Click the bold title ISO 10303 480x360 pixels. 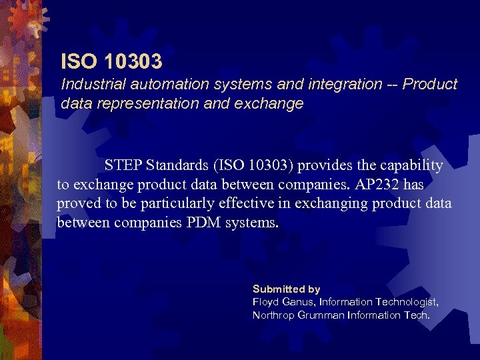pyautogui.click(x=111, y=62)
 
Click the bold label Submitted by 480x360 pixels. pyautogui.click(x=286, y=289)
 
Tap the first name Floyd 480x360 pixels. pyautogui.click(x=266, y=302)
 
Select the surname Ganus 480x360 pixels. pyautogui.click(x=299, y=302)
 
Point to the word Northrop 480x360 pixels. pyautogui.click(x=273, y=315)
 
